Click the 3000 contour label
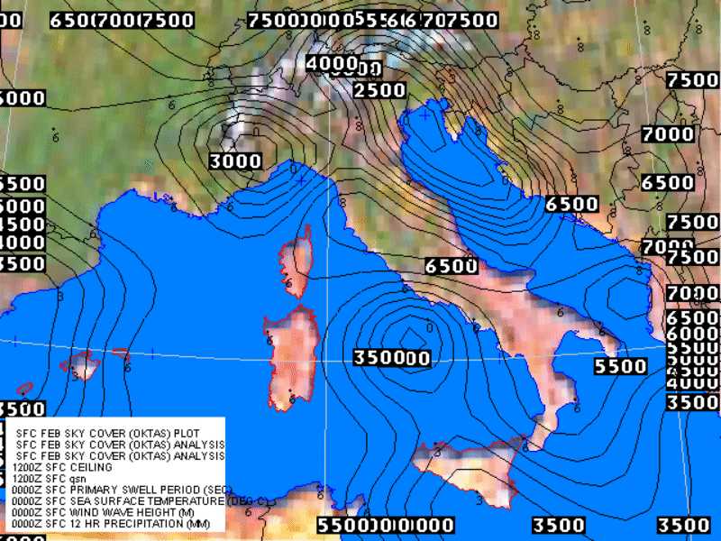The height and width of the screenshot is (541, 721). (x=235, y=161)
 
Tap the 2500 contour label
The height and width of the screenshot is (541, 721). (x=379, y=90)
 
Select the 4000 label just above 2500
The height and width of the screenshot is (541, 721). (x=333, y=64)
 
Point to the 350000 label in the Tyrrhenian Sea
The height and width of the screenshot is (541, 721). (x=391, y=358)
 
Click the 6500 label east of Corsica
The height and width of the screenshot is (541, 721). (x=451, y=266)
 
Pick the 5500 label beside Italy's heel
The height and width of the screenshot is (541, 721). (x=621, y=367)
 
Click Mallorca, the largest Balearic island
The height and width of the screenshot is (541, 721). (x=83, y=364)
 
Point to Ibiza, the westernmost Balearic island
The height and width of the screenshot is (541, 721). (x=24, y=390)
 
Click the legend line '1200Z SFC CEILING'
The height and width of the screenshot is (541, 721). (x=62, y=468)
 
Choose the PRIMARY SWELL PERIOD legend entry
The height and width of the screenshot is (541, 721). (x=117, y=490)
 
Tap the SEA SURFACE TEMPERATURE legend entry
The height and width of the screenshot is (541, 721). (x=117, y=500)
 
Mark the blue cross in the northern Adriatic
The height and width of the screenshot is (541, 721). (x=424, y=115)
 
